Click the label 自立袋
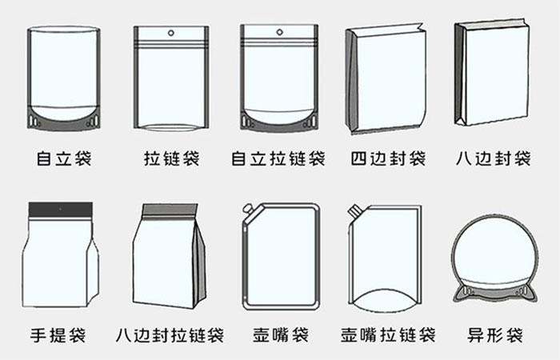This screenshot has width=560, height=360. point(64,158)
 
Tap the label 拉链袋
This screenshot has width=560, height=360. point(171,158)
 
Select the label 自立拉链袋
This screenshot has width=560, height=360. point(278,158)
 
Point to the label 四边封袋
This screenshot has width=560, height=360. point(388,158)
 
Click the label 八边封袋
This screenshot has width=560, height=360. point(494,158)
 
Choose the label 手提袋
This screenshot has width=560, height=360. point(58,335)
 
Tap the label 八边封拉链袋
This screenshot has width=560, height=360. point(170,335)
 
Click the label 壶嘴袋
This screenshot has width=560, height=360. point(281,335)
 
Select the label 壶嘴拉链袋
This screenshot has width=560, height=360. point(388,335)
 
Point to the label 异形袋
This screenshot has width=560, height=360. point(495,335)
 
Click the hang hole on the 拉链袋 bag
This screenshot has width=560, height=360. point(171,34)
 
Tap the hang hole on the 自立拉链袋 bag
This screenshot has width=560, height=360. point(280,33)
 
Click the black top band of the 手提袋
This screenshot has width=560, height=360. point(61,210)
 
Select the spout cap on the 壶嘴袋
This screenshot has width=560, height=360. point(247,208)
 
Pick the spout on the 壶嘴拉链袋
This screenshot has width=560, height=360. point(354,210)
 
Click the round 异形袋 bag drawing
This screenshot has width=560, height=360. point(496,258)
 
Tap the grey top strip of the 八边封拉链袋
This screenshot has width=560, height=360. point(170,210)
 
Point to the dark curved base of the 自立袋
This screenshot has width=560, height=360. point(63,122)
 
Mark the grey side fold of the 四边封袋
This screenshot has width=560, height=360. point(352,80)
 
